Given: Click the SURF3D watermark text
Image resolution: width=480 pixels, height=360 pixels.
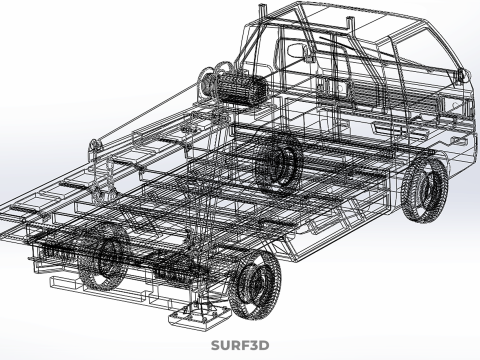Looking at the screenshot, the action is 240,345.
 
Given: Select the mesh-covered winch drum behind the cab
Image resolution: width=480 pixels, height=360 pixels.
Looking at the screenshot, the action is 241,88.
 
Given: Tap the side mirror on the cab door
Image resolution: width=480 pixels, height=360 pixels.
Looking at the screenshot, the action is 298,51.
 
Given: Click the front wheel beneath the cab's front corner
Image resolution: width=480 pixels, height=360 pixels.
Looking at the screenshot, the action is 424,189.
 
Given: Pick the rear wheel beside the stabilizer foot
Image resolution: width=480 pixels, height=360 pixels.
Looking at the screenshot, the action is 257,284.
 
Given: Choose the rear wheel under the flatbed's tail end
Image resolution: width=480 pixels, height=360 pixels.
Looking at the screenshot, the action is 104,256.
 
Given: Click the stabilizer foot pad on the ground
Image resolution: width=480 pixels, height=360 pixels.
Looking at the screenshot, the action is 199,317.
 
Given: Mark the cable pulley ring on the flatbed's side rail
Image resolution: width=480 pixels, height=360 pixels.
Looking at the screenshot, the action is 95,146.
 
